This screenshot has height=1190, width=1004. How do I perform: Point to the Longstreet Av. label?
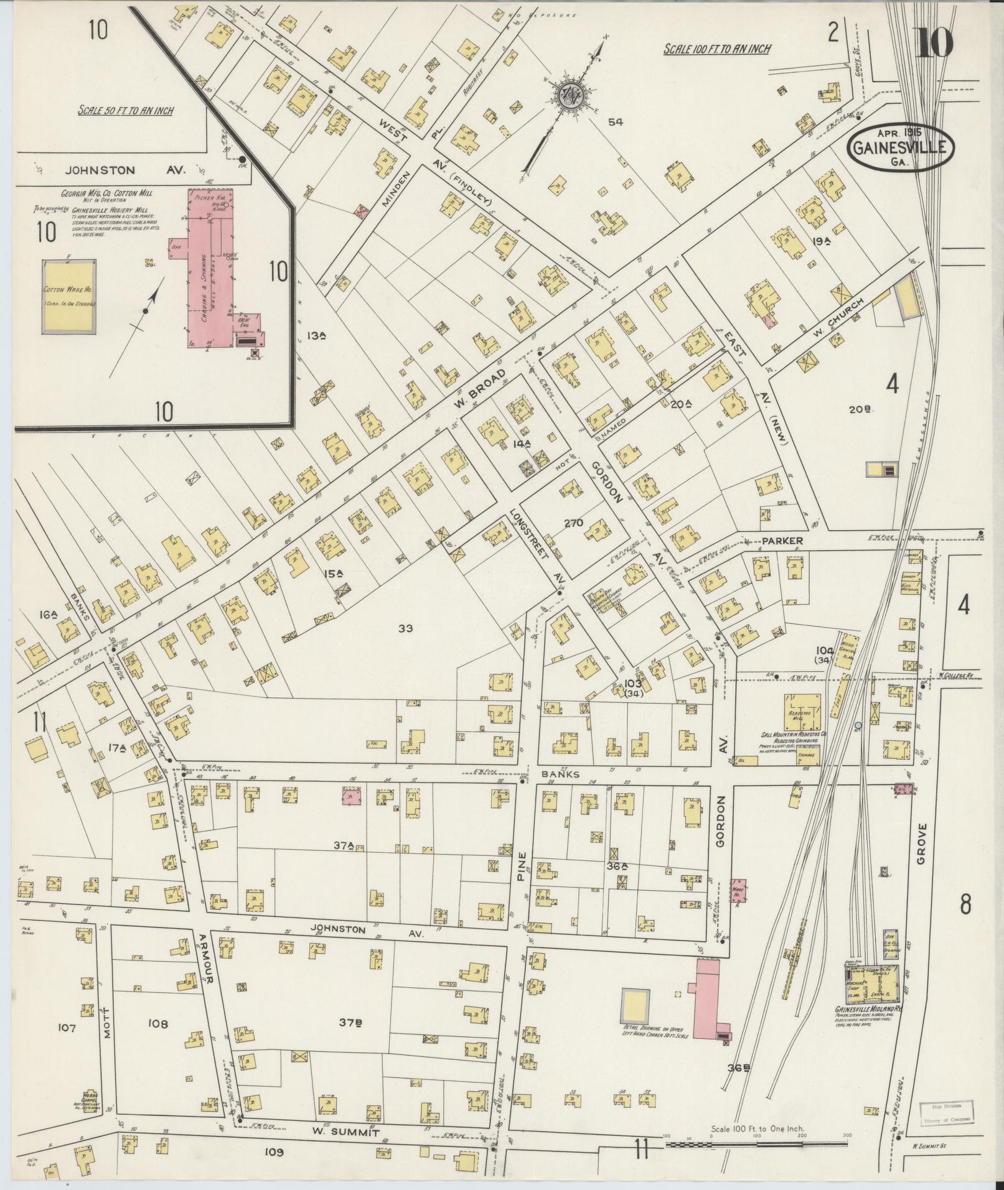click(x=533, y=539)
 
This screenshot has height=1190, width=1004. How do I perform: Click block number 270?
click(x=573, y=523)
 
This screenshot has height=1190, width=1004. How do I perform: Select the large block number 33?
click(x=406, y=628)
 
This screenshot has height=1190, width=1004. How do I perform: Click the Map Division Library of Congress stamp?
click(x=946, y=1110)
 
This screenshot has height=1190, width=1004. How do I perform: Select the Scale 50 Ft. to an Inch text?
click(x=125, y=111)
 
